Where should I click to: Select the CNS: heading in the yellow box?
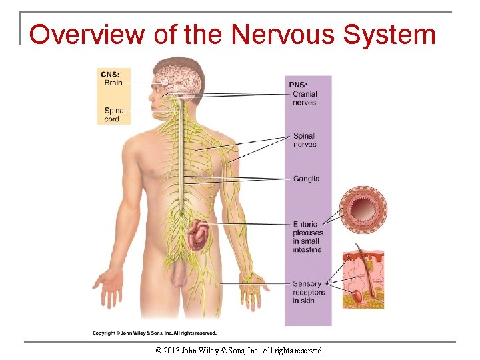tap(110, 74)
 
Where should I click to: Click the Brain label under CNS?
tap(113, 83)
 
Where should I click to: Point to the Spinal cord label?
tap(114, 115)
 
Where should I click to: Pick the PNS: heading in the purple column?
tap(297, 85)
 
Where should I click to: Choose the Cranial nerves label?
tap(305, 98)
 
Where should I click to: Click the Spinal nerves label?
tap(305, 140)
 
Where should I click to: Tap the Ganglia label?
tap(306, 179)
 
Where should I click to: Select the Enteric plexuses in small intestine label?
tap(307, 237)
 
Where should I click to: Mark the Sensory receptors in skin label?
tap(309, 292)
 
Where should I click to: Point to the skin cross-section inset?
tap(363, 279)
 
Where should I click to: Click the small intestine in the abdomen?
tap(198, 236)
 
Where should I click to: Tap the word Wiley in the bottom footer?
tap(219, 350)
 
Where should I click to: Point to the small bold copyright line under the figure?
tap(155, 333)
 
